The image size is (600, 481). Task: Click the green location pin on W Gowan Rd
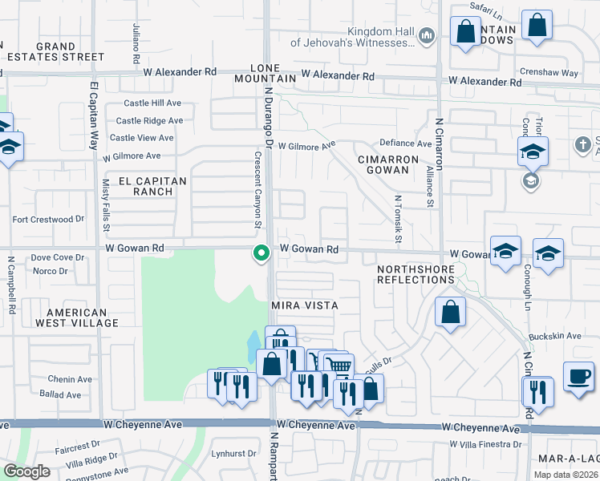coord(261,253)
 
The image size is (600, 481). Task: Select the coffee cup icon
coord(578,375)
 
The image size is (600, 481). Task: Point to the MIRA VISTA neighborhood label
coord(304,305)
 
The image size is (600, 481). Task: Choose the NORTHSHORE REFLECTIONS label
coord(416,273)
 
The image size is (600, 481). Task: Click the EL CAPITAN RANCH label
coord(152,186)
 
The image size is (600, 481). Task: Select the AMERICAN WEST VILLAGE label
coord(82,317)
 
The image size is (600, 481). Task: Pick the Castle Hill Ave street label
coord(152,103)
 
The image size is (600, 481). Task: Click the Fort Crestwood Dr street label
coord(48,219)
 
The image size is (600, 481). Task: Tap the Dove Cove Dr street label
coord(57,257)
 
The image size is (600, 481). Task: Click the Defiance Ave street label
coord(405,143)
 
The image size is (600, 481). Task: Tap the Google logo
coord(26,471)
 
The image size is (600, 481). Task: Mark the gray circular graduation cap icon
coord(530,180)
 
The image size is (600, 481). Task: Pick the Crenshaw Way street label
coord(560,73)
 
